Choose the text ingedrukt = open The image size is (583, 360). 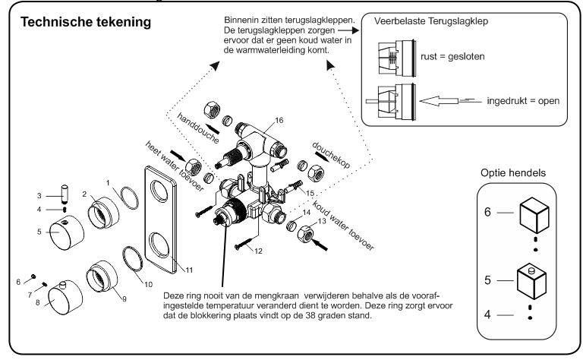(x=519, y=100)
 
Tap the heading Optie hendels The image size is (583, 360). (x=509, y=174)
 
